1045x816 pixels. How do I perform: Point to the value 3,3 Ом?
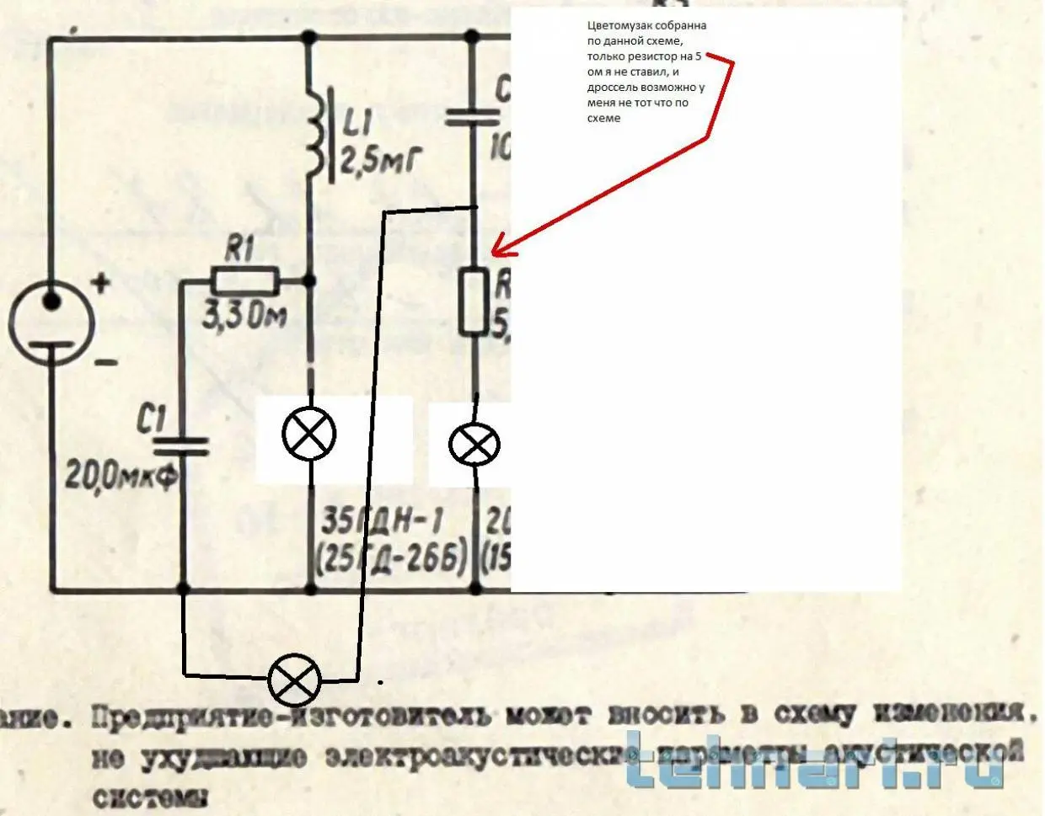(x=244, y=316)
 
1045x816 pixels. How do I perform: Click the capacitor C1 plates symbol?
(x=183, y=445)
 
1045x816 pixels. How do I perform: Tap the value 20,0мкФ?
(x=122, y=477)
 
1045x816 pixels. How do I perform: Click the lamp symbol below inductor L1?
(x=309, y=434)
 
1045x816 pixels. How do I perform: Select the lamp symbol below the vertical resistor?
(x=474, y=444)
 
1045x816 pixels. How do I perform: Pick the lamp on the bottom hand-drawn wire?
(x=294, y=681)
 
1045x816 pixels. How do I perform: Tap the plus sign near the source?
(x=101, y=283)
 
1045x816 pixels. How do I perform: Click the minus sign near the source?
(x=106, y=364)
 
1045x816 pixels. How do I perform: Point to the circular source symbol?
(x=51, y=323)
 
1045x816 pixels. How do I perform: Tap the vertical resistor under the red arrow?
(x=474, y=301)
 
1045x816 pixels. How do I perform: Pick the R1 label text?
(x=240, y=250)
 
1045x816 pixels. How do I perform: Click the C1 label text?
(x=153, y=419)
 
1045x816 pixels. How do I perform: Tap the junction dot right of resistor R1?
(x=309, y=281)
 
